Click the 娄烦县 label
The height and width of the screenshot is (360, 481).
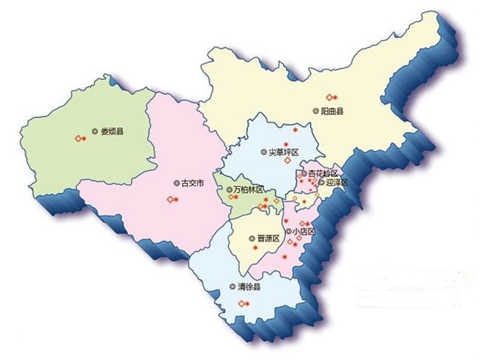pyautogui.click(x=112, y=132)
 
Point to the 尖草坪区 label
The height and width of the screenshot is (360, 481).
pyautogui.click(x=283, y=152)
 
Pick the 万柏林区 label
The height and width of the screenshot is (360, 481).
pyautogui.click(x=248, y=190)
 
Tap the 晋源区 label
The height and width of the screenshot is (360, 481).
pyautogui.click(x=268, y=238)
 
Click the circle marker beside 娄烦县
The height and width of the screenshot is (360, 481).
pyautogui.click(x=95, y=132)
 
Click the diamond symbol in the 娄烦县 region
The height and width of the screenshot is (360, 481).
pyautogui.click(x=77, y=139)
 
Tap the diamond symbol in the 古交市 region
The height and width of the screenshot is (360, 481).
pyautogui.click(x=168, y=200)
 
